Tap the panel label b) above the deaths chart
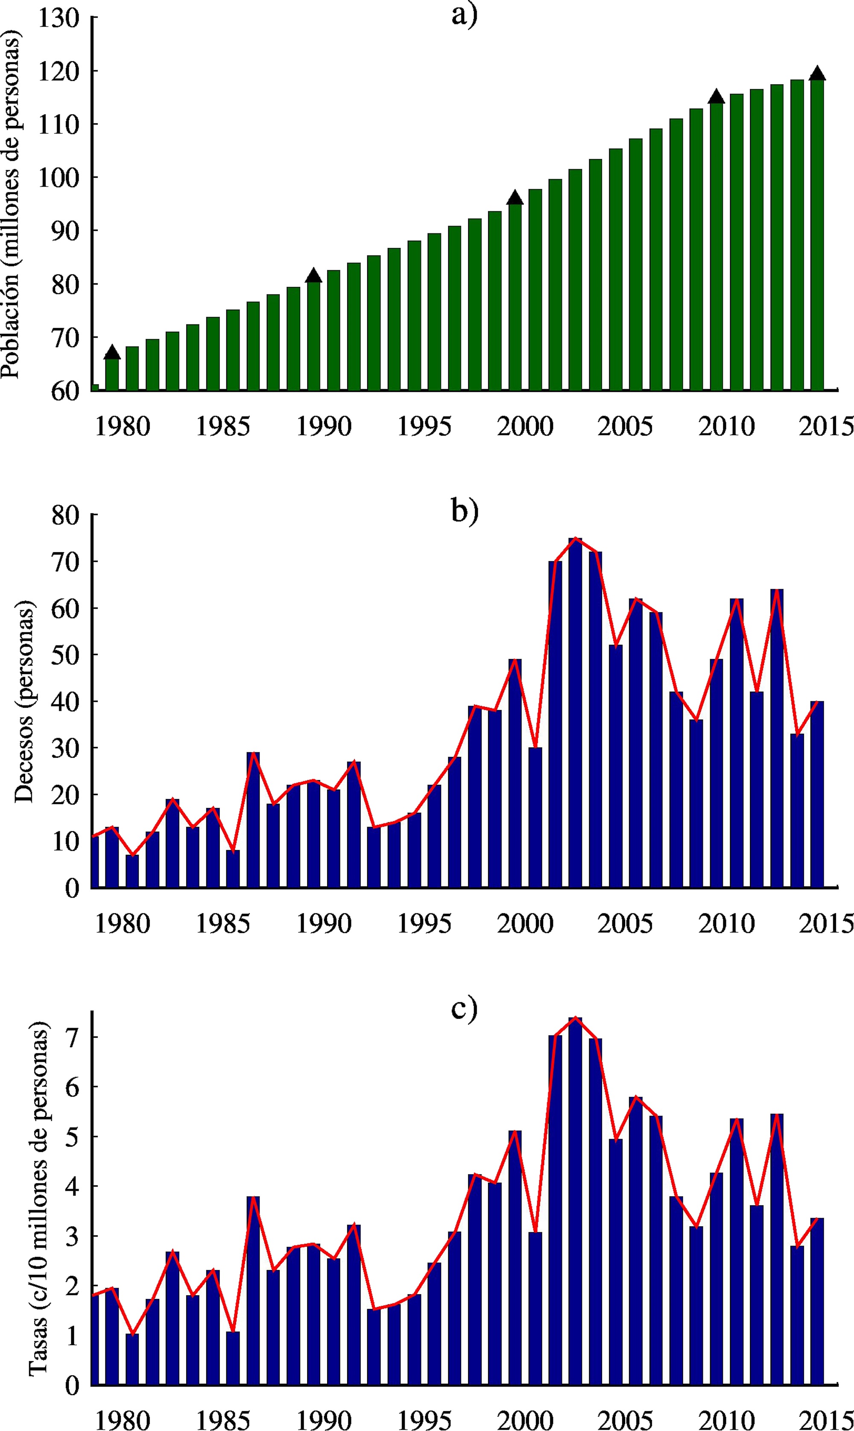tap(464, 510)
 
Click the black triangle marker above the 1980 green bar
tap(112, 353)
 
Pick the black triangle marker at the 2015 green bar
tap(817, 73)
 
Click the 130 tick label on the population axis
tap(58, 18)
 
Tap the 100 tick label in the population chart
tap(58, 177)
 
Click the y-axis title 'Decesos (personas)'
tap(24, 701)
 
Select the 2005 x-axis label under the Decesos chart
tap(625, 924)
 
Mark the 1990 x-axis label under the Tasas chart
tap(323, 1420)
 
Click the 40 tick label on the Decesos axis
tap(65, 702)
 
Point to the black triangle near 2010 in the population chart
tap(716, 96)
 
